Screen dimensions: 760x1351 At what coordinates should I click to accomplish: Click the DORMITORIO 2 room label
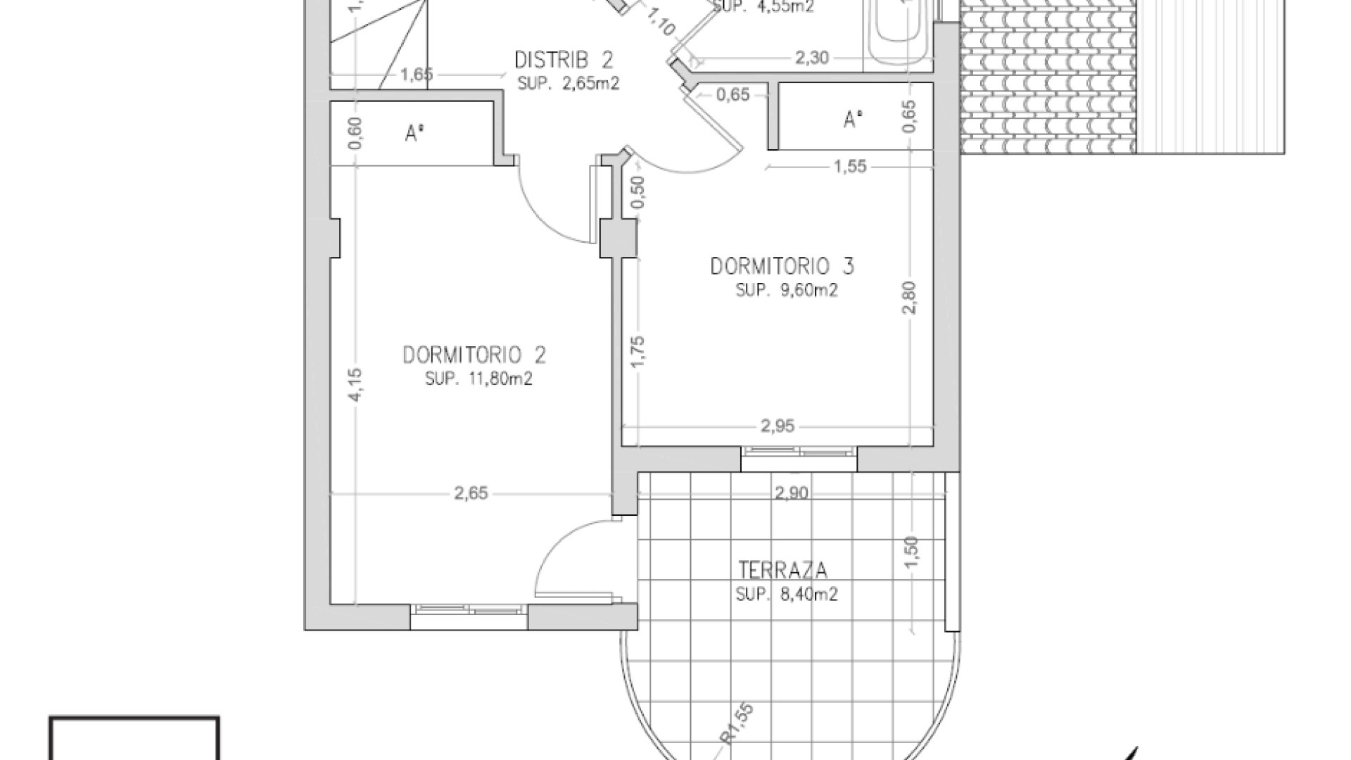(x=474, y=355)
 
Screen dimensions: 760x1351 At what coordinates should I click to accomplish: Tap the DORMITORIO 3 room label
(x=782, y=267)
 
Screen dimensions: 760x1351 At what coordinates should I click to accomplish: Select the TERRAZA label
(x=782, y=569)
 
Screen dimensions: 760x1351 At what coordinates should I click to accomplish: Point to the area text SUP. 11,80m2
(x=478, y=379)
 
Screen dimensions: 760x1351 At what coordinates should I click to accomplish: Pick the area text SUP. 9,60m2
(x=786, y=291)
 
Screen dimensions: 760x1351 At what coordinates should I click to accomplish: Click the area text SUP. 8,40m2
(x=786, y=595)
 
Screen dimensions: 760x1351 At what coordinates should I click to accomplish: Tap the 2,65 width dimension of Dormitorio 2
(x=470, y=494)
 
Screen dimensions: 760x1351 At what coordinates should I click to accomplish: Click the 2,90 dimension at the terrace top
(x=791, y=494)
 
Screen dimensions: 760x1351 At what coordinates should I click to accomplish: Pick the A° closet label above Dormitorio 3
(x=853, y=120)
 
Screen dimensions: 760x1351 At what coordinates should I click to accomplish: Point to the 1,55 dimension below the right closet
(x=850, y=167)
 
